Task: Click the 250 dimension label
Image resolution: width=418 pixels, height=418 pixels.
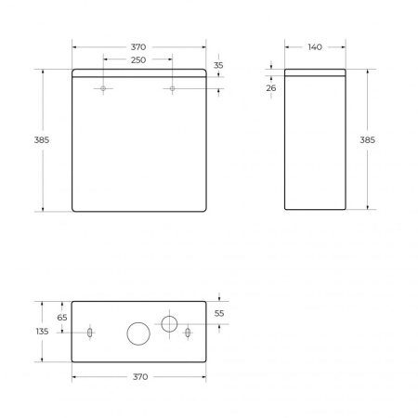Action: point(137,59)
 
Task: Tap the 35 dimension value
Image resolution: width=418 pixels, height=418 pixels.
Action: point(218,66)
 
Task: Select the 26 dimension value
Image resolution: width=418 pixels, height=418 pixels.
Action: point(271,88)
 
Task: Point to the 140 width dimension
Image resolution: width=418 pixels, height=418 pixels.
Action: point(314,46)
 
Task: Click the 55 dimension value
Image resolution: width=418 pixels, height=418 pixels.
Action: point(219,314)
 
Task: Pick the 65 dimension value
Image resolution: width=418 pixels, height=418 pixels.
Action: point(62,318)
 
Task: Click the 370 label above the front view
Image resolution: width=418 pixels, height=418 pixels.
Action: point(137,46)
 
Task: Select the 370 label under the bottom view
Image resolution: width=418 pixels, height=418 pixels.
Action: point(139,377)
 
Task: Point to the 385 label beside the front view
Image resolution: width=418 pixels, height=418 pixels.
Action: point(41,139)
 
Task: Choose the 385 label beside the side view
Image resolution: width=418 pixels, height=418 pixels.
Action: point(367,139)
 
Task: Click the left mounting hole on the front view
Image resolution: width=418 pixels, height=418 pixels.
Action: point(103,89)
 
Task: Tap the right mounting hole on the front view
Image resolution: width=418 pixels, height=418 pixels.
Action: point(173,89)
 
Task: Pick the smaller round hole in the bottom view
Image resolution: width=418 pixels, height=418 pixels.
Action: point(170,323)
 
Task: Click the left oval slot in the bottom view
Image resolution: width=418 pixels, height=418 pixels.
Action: point(89,333)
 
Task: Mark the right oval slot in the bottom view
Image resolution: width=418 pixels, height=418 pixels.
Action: point(188,333)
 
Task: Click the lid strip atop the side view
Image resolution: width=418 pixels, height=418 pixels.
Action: point(314,73)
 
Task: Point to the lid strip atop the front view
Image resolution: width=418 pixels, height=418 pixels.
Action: point(138,73)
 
